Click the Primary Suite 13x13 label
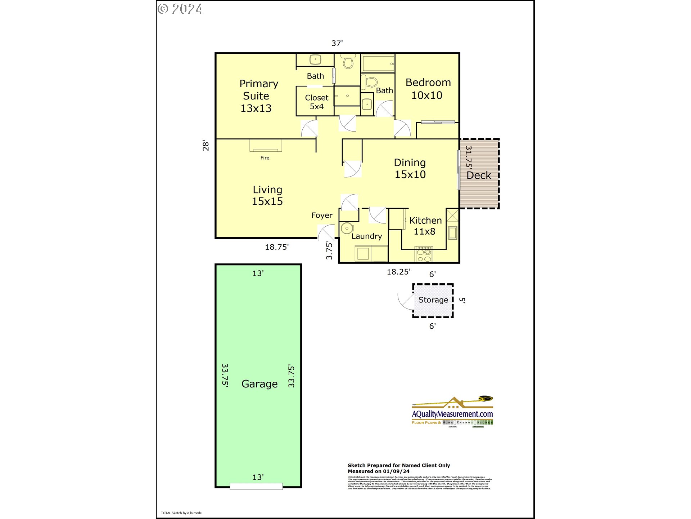(x=257, y=96)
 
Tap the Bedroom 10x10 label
(x=428, y=89)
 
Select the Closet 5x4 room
(x=316, y=102)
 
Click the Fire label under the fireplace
(x=265, y=158)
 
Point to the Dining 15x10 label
(x=410, y=168)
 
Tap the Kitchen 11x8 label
(x=425, y=226)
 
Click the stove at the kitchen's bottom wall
(x=424, y=254)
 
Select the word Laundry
(x=366, y=236)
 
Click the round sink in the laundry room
(x=347, y=229)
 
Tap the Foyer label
(x=321, y=216)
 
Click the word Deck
(x=479, y=176)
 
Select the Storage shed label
(x=433, y=300)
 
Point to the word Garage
(x=259, y=384)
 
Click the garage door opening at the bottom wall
(x=256, y=487)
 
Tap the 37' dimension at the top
(x=337, y=44)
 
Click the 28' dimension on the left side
(x=206, y=145)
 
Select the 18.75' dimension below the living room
(x=276, y=247)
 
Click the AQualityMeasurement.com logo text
(x=452, y=414)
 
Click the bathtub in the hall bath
(x=378, y=64)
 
